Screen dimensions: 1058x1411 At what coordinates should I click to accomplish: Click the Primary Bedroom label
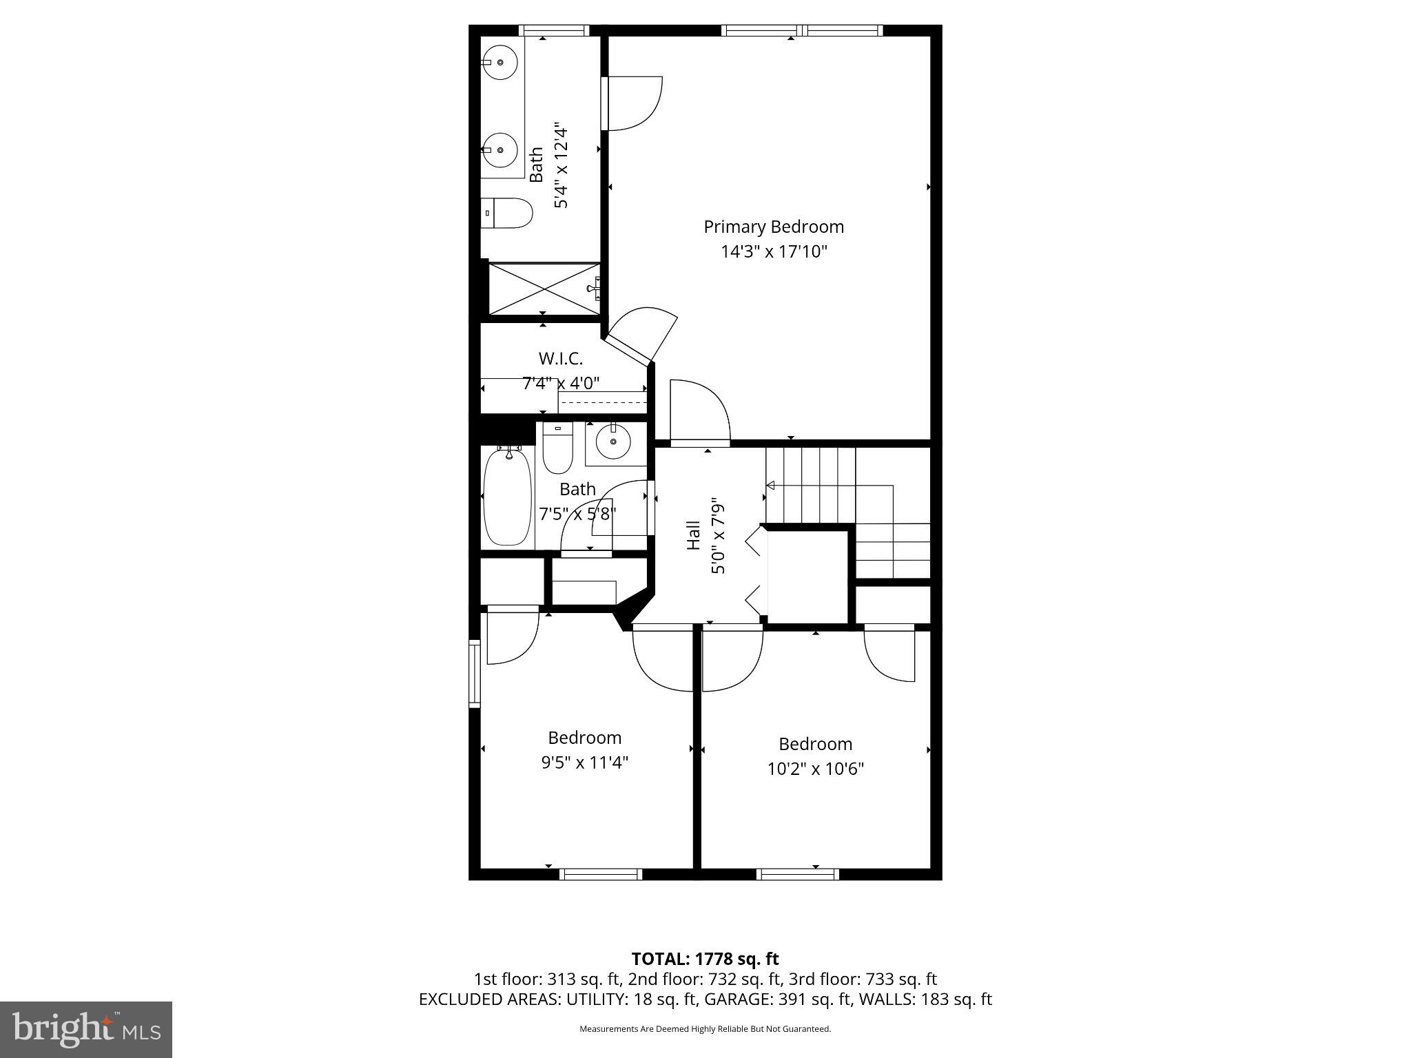click(x=773, y=227)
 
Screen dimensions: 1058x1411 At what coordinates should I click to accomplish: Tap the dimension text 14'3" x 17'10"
click(x=773, y=251)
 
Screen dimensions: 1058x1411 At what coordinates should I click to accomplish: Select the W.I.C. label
click(x=560, y=358)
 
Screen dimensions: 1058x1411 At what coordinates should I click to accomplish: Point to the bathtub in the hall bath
click(x=507, y=496)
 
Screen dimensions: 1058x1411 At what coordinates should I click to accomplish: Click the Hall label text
click(x=694, y=535)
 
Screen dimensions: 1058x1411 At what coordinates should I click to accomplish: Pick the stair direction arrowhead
click(x=770, y=486)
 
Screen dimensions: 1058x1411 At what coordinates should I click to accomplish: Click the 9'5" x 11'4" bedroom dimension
click(x=584, y=763)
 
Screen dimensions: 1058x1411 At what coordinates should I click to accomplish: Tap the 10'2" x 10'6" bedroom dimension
click(x=816, y=769)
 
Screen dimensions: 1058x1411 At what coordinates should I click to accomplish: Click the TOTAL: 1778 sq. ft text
click(x=705, y=959)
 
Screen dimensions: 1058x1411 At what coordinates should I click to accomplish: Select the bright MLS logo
click(x=86, y=1029)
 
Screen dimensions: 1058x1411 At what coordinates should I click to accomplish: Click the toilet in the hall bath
click(x=557, y=449)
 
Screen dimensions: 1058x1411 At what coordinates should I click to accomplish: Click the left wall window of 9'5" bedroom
click(x=474, y=673)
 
